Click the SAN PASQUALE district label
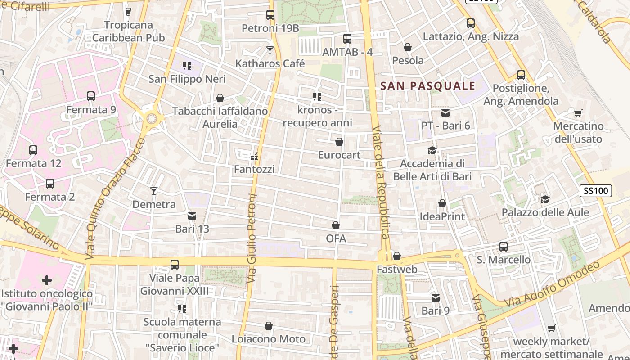point(428,86)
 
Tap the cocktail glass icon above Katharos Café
point(270,50)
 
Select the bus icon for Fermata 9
point(91,96)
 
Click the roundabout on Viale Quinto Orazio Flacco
point(152,119)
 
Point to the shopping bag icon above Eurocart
point(339,142)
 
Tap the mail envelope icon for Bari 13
point(192,216)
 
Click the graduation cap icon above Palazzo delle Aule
point(545,199)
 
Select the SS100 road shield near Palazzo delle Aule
point(595,191)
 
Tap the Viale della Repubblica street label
point(381,182)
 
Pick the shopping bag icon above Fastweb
point(396,256)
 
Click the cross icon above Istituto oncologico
point(47,281)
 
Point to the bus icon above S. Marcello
point(504,247)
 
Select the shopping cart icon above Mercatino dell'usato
point(578,112)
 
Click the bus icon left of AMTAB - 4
point(347,39)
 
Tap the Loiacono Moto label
point(268,339)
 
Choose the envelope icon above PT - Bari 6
point(445,112)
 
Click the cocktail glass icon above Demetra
point(154,191)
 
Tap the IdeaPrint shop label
point(442,216)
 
